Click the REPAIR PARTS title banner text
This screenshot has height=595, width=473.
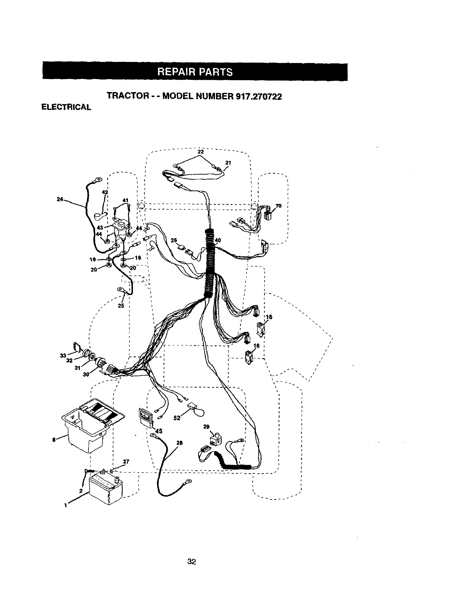[195, 72]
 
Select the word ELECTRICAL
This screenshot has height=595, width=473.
[66, 107]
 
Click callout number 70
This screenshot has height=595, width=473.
[278, 206]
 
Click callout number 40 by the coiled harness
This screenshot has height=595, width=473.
[218, 240]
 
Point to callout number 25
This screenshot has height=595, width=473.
[121, 305]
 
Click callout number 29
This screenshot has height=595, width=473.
[206, 427]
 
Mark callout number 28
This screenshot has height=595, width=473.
[180, 443]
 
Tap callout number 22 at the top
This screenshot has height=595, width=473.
[201, 152]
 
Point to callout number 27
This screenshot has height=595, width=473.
[126, 461]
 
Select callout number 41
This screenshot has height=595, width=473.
[125, 200]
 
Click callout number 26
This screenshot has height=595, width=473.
[174, 241]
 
